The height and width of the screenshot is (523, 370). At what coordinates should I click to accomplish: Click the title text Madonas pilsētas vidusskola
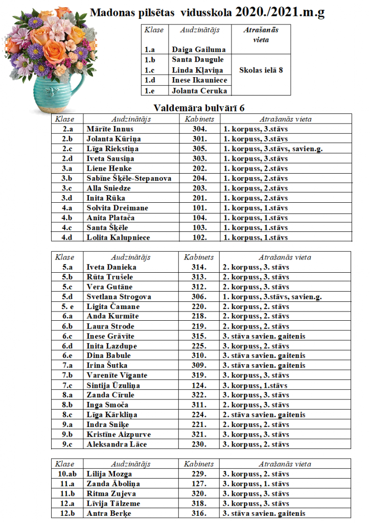coord(160,12)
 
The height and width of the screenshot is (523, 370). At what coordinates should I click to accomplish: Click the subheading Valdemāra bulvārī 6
coord(199,108)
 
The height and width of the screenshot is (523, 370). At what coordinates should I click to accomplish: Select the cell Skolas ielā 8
coord(261,70)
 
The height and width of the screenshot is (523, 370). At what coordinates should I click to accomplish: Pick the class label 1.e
coord(150,91)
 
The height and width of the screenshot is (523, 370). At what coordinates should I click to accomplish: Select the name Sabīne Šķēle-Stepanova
coord(129,178)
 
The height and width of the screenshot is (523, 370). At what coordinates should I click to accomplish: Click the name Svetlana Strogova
coord(119,297)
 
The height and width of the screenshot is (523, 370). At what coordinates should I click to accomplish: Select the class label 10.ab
coord(66,474)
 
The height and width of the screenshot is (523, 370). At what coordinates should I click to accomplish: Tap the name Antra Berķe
coord(108,513)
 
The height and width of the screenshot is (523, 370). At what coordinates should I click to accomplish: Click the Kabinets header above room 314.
coord(199,257)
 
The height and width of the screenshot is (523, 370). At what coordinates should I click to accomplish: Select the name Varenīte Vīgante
coord(117,375)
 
